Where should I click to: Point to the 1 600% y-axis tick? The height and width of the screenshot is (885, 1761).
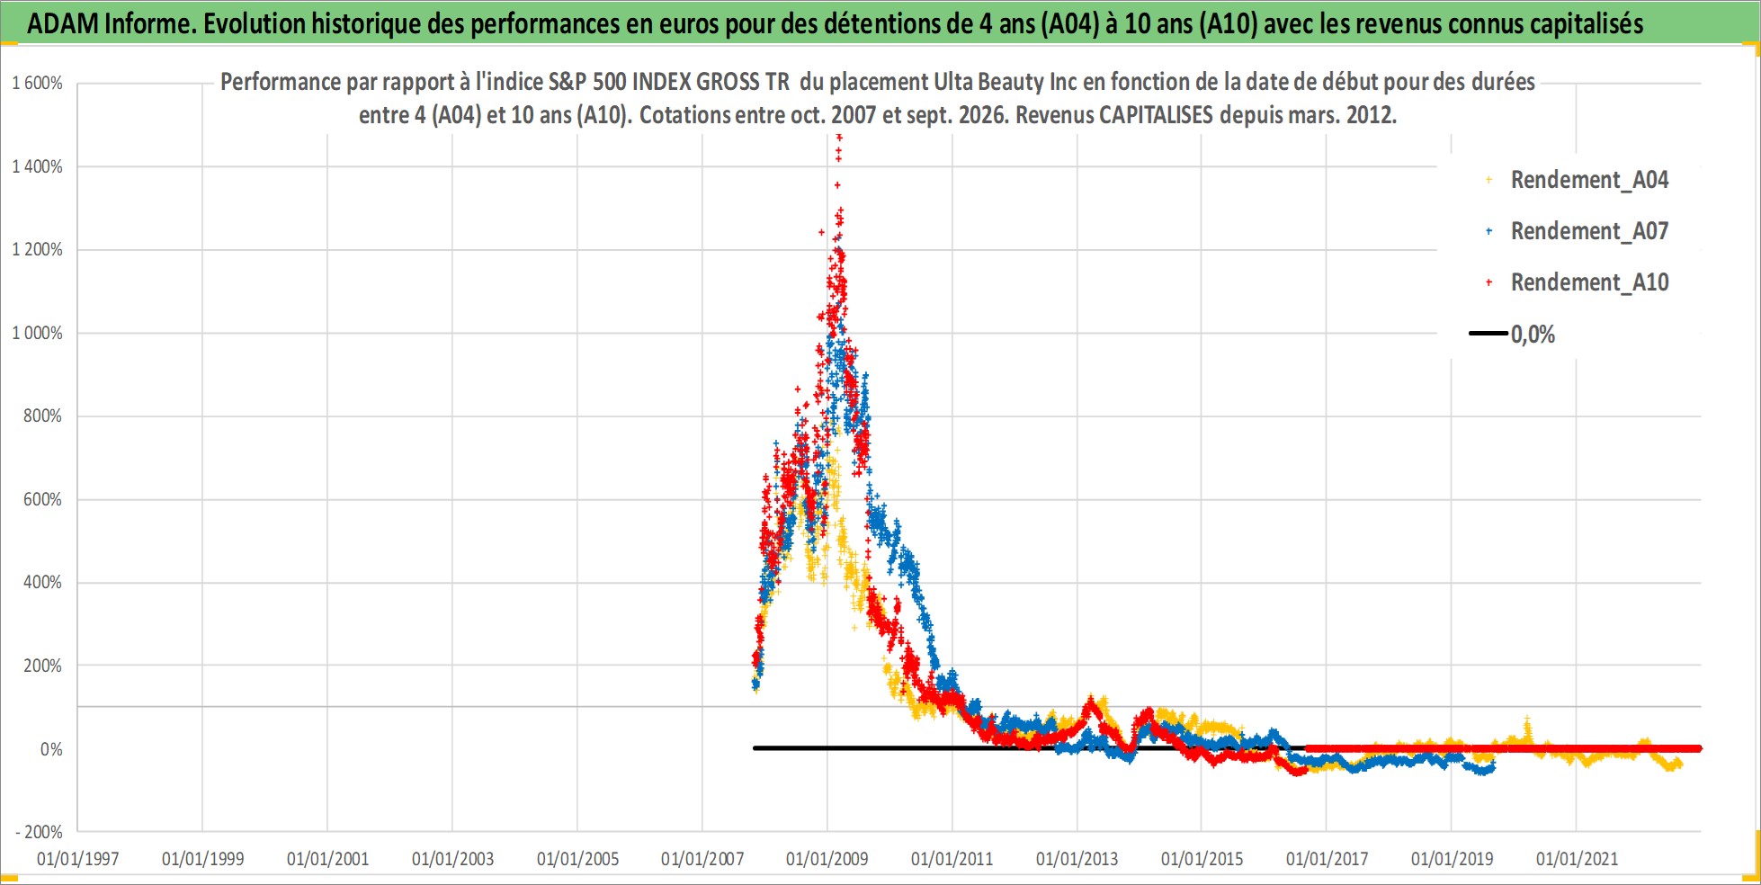(37, 84)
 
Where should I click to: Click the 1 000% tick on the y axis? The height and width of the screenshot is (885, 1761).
(37, 333)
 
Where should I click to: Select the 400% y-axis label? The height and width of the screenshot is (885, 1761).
(42, 582)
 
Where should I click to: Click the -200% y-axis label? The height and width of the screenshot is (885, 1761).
(39, 832)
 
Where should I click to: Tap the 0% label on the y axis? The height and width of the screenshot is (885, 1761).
(51, 749)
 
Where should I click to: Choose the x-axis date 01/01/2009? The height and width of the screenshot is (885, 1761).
(827, 859)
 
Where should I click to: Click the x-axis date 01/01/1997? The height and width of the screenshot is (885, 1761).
(78, 859)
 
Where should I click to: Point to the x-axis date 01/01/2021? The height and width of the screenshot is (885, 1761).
(1577, 859)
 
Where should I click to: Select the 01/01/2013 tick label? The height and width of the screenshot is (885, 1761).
(1077, 859)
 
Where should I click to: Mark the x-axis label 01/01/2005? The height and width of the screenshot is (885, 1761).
(577, 859)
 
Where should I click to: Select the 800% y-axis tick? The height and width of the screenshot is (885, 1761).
(42, 416)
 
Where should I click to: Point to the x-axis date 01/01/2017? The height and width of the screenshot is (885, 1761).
(1327, 859)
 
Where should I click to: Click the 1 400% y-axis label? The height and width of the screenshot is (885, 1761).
(37, 166)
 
